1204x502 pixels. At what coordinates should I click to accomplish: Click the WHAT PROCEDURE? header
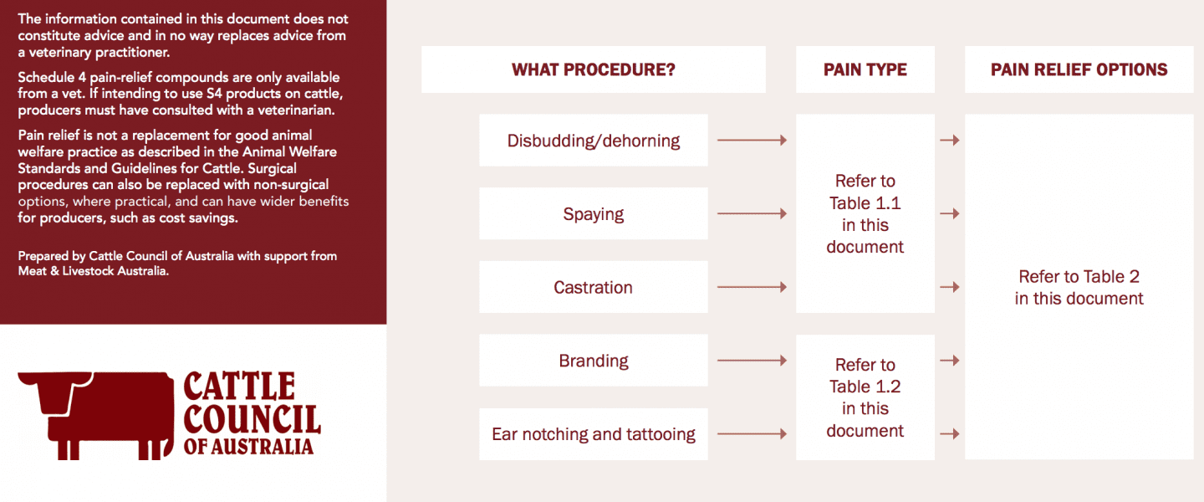click(594, 69)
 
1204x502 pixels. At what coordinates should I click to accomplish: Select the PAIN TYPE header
click(865, 69)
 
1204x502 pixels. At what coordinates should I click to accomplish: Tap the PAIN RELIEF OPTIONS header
click(1079, 69)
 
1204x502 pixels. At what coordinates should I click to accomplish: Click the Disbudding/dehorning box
click(594, 141)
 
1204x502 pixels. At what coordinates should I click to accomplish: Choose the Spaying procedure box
click(594, 213)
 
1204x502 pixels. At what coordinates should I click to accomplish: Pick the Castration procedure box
click(594, 287)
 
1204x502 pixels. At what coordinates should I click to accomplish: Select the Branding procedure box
click(594, 361)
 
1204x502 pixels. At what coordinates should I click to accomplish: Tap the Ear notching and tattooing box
click(594, 434)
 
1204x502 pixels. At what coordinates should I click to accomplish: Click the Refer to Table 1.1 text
click(865, 213)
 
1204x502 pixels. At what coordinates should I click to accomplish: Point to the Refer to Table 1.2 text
click(865, 397)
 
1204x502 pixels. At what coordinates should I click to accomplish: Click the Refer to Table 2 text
click(1079, 287)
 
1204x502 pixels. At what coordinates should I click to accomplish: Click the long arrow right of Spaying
click(752, 213)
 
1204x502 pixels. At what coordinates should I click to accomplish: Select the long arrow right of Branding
click(752, 361)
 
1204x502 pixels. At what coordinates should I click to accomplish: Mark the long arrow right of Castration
click(752, 287)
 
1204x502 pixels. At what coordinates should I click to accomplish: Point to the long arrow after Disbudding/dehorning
click(752, 141)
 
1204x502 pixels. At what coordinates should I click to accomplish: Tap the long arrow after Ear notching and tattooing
click(752, 433)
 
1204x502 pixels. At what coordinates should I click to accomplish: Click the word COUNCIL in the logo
click(253, 420)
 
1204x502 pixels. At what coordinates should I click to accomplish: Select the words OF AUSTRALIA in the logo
click(248, 447)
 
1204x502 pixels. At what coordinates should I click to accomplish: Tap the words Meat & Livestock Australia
click(93, 271)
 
